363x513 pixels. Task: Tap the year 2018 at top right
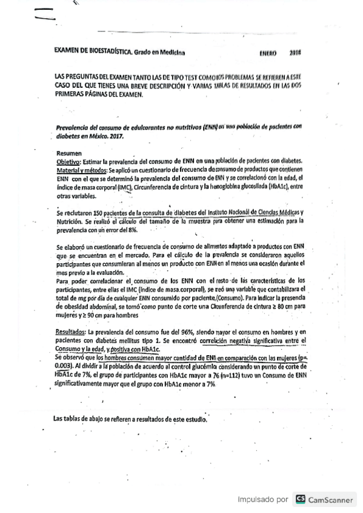pyautogui.click(x=296, y=53)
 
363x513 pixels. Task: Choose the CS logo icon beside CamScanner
pyautogui.click(x=300, y=499)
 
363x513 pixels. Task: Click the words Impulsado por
pyautogui.click(x=263, y=500)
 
